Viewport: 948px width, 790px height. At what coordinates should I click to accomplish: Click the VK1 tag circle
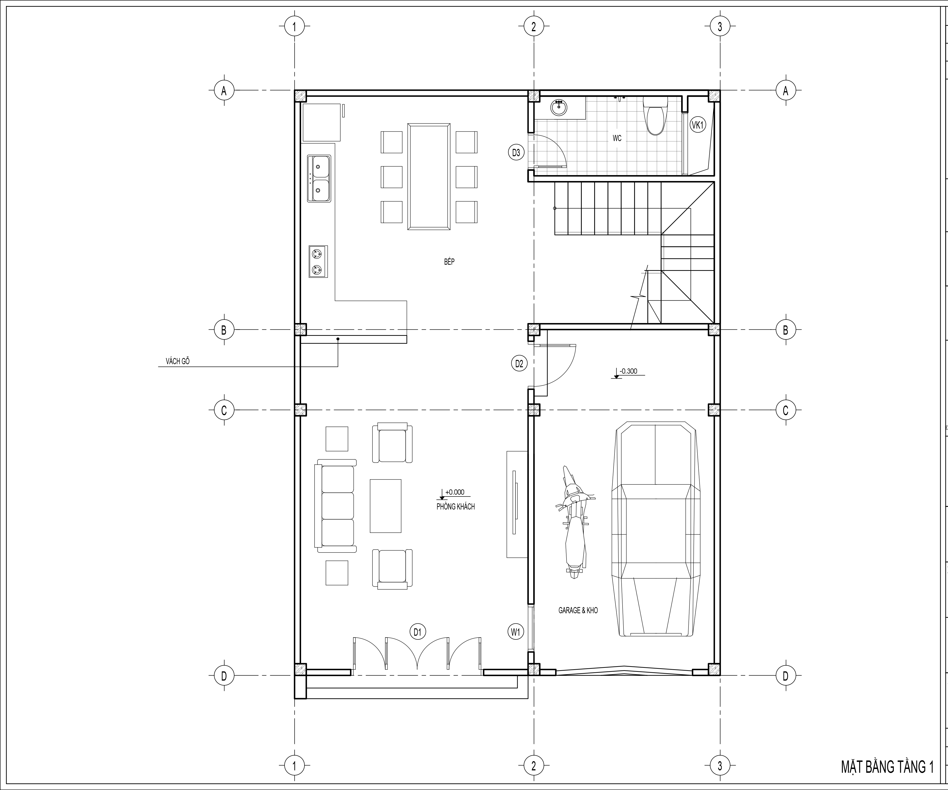[x=697, y=125]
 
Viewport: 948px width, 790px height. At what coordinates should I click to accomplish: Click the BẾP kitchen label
[x=449, y=262]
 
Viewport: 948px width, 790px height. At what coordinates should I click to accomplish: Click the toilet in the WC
[x=655, y=116]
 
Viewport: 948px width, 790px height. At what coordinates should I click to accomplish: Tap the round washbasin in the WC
[x=559, y=108]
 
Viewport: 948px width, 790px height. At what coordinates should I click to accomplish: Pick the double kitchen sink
[x=319, y=178]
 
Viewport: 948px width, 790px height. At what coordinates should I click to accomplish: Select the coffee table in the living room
[x=385, y=506]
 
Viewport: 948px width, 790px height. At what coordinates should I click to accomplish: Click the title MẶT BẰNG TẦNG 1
[x=887, y=767]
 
